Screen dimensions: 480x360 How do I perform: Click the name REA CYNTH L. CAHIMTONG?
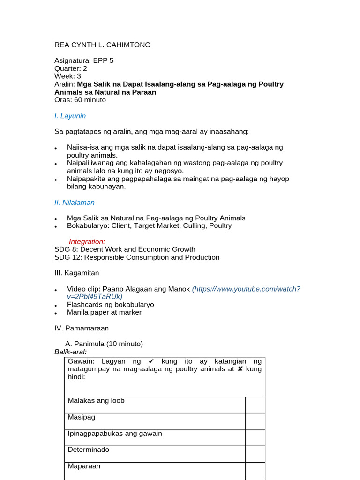102,45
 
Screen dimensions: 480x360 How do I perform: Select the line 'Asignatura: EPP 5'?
84,60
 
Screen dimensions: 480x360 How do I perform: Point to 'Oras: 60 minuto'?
80,100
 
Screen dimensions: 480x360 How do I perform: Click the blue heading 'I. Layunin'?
70,116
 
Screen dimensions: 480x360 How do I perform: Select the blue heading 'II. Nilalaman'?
75,202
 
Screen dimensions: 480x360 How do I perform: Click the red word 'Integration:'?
87,241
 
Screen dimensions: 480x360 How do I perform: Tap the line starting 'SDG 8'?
125,249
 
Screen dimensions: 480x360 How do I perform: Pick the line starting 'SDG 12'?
137,257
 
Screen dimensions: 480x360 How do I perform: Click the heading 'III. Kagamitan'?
76,273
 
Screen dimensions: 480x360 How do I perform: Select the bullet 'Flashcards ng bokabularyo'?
110,305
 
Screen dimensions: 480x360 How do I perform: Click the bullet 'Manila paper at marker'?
104,312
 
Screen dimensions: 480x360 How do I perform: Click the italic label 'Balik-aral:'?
71,352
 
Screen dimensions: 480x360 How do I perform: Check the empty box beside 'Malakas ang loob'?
255,405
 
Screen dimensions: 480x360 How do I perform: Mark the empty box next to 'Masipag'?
255,421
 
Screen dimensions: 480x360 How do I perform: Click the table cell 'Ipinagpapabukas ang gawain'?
115,434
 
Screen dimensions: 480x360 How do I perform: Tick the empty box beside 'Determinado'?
255,454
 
